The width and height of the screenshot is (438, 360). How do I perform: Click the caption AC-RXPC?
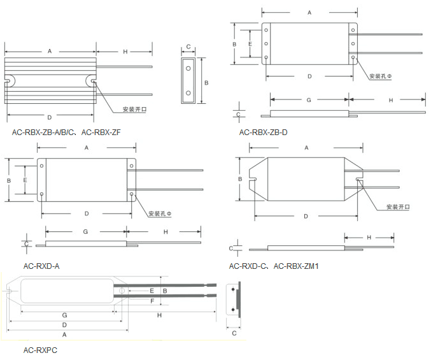tap(41, 350)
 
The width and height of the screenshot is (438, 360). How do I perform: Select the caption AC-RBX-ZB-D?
tap(263, 133)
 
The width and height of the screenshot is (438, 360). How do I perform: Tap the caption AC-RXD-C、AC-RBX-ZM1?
tap(273, 266)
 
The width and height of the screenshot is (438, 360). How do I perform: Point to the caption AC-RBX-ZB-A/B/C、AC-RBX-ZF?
tap(66, 133)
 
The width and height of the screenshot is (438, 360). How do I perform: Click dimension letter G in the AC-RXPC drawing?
tap(64, 315)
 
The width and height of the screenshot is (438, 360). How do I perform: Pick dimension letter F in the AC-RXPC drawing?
tap(152, 301)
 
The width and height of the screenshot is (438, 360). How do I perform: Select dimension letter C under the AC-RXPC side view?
tap(234, 333)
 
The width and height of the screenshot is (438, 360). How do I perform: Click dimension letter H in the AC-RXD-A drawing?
tap(166, 232)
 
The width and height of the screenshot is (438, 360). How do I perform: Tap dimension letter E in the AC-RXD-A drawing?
tap(25, 180)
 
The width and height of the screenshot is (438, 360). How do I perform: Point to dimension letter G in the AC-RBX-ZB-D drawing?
tap(309, 100)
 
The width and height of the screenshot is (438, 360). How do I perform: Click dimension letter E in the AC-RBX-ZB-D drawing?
tap(250, 44)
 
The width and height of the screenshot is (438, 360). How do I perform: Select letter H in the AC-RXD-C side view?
tap(369, 238)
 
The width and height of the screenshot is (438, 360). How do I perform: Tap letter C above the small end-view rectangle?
tap(188, 47)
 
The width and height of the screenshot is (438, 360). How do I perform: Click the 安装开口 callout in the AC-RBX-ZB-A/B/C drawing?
tap(134, 109)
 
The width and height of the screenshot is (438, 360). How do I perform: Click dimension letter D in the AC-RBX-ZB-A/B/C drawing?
tap(49, 118)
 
